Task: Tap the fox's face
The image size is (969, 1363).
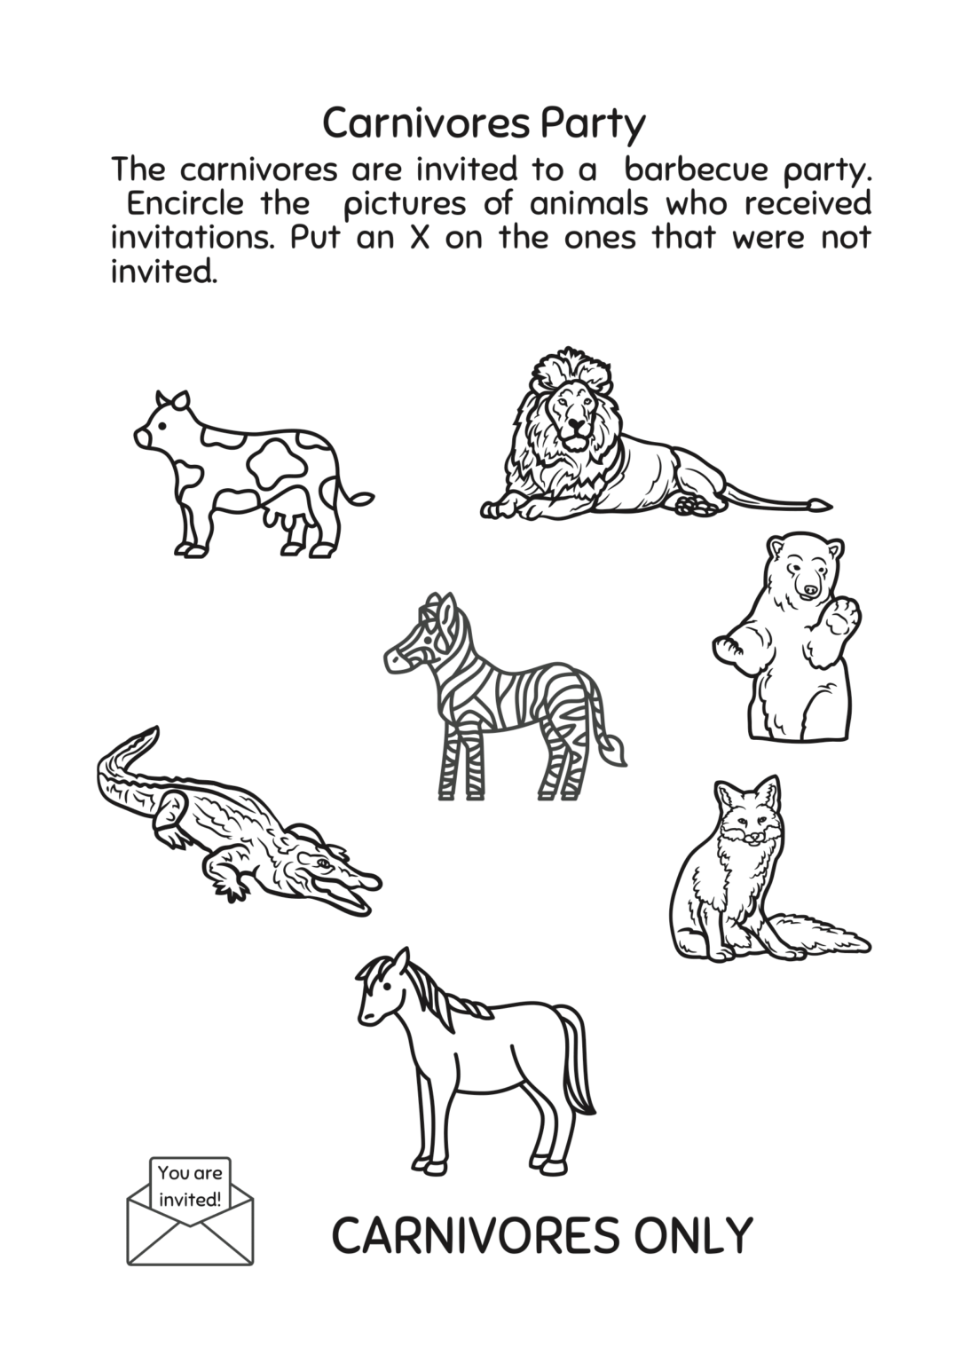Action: pos(750,826)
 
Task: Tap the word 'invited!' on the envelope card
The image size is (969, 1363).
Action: pos(190,1200)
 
